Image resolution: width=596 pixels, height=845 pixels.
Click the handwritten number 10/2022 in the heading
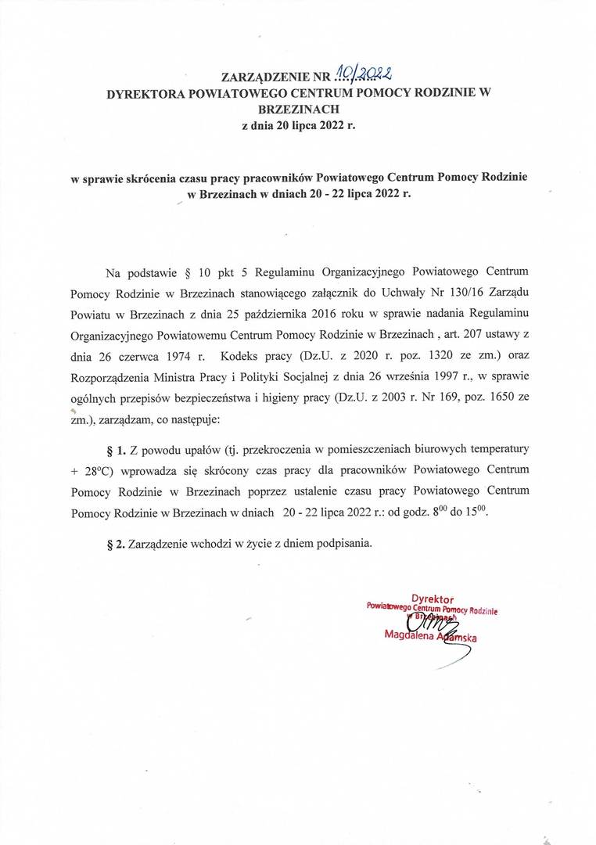362,74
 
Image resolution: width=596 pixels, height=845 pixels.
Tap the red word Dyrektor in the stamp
433,597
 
